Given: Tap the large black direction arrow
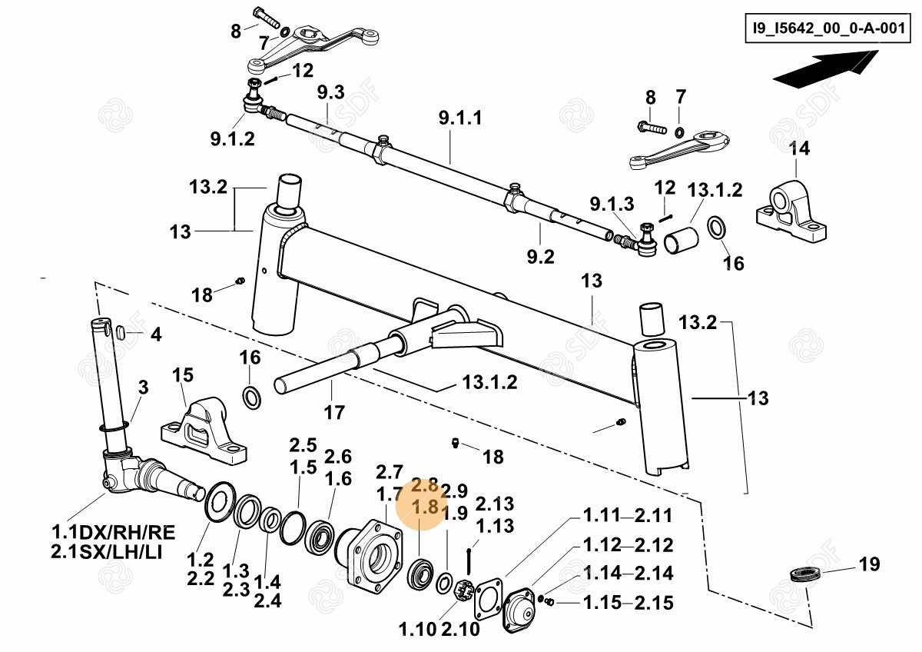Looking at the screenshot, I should pos(826,68).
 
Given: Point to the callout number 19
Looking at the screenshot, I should pos(868,565).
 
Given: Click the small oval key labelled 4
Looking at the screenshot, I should pos(121,332).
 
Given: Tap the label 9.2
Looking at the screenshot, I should pos(540,256).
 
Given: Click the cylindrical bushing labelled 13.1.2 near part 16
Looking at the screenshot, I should pos(678,239).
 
